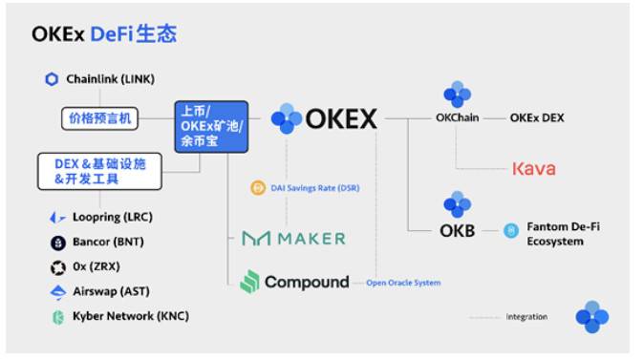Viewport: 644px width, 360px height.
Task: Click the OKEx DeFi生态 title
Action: [103, 33]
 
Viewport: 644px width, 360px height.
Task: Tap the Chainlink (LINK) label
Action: [110, 79]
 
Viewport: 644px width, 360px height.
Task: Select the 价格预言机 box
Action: [99, 119]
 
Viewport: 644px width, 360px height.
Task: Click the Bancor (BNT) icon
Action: [56, 243]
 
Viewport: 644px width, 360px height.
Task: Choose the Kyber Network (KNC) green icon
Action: [56, 316]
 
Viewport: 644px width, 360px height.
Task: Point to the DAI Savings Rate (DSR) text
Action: [315, 188]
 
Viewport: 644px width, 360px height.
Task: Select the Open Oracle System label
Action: [403, 283]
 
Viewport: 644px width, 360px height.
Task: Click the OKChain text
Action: [457, 119]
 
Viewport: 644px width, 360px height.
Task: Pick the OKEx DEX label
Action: [537, 118]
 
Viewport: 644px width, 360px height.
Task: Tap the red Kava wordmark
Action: [533, 169]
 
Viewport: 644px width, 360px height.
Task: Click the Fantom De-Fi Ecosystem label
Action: [563, 234]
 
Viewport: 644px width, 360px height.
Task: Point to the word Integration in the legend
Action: [526, 316]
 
